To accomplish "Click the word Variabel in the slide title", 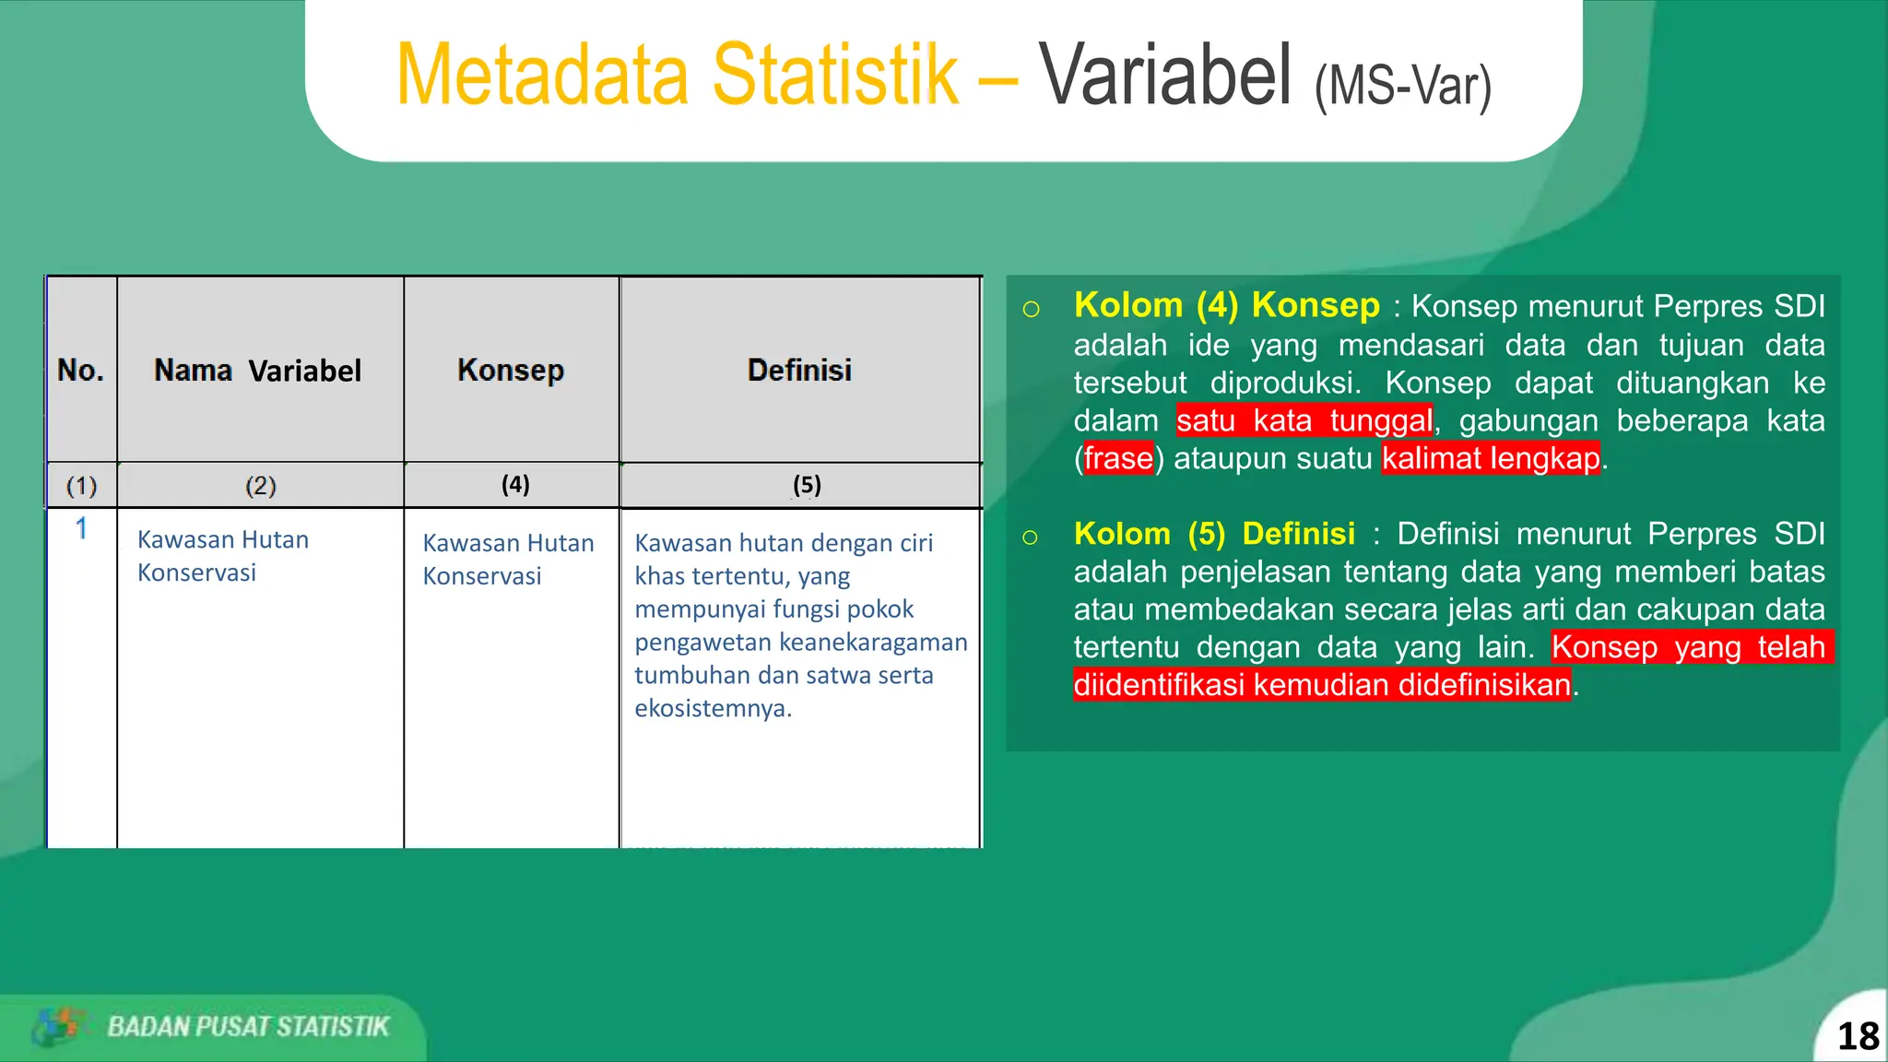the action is pyautogui.click(x=1166, y=75).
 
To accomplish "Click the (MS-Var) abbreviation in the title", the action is pyautogui.click(x=1403, y=86).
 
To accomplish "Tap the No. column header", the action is pyautogui.click(x=80, y=371).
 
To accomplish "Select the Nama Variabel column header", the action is pyautogui.click(x=258, y=371).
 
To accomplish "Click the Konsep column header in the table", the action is pyautogui.click(x=511, y=371).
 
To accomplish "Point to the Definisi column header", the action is pyautogui.click(x=799, y=371).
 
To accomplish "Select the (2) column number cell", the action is pyautogui.click(x=261, y=486).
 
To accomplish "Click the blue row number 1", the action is pyautogui.click(x=81, y=528).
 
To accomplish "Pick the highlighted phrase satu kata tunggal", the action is pyautogui.click(x=1304, y=420).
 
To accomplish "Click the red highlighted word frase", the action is pyautogui.click(x=1118, y=458).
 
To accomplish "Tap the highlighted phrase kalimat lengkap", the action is pyautogui.click(x=1491, y=458).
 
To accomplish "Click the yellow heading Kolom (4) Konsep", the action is pyautogui.click(x=1227, y=305).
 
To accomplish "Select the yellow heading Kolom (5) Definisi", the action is pyautogui.click(x=1214, y=534).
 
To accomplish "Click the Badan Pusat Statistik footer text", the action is pyautogui.click(x=249, y=1027).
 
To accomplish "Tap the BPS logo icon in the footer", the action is pyautogui.click(x=56, y=1027).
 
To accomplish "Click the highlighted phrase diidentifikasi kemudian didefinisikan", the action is pyautogui.click(x=1322, y=685).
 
